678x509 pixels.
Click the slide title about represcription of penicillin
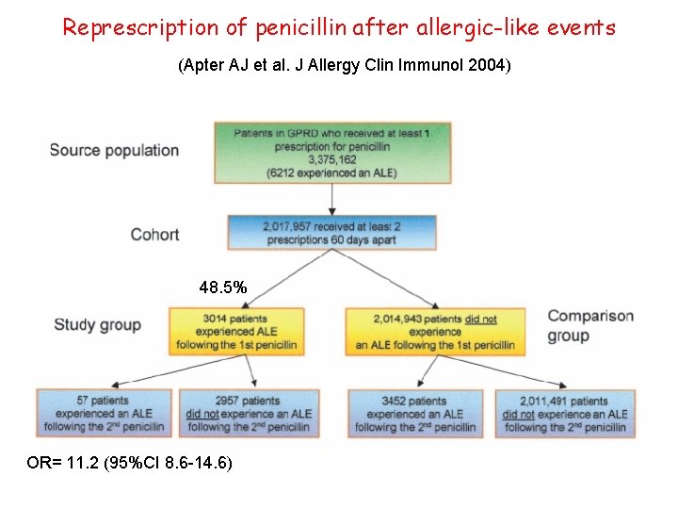(338, 27)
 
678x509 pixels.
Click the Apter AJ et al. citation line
(344, 67)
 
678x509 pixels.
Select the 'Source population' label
(114, 150)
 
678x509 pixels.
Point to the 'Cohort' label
(154, 234)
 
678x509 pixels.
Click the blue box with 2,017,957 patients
(332, 233)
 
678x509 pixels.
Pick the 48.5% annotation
(223, 287)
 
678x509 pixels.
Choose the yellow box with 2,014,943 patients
(435, 332)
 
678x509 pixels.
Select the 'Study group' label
(98, 325)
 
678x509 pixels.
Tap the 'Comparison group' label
(590, 325)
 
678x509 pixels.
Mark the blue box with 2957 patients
(249, 414)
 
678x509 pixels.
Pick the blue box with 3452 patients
(415, 414)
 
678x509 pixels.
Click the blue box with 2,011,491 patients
(564, 414)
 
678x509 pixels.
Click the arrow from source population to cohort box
(332, 198)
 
